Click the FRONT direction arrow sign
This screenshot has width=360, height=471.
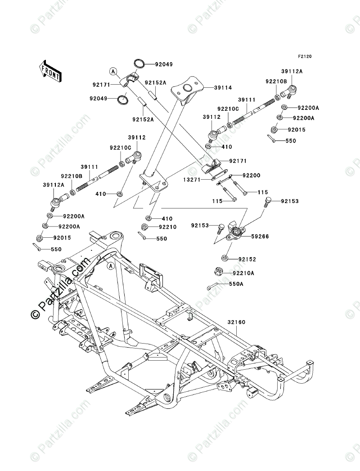(x=50, y=70)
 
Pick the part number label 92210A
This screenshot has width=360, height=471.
(x=243, y=273)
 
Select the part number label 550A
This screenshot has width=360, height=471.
(x=236, y=285)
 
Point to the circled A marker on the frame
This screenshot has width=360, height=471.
(x=110, y=266)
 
